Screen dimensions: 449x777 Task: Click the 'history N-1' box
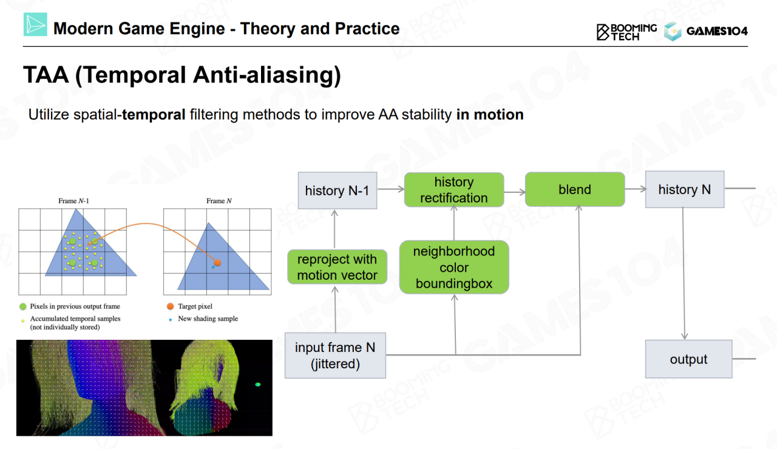(337, 191)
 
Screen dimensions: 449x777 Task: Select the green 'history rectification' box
(454, 190)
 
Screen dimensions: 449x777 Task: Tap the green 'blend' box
(574, 189)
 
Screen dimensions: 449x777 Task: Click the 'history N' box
(684, 189)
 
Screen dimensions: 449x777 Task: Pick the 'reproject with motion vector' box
(337, 267)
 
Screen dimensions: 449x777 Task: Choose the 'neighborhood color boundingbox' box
(454, 268)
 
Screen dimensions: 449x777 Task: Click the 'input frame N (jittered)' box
(335, 356)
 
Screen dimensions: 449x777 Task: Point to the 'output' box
(688, 359)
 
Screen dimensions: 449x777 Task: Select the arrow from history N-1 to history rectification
(390, 189)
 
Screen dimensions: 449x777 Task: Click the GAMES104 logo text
(717, 31)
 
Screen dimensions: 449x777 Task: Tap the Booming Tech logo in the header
(626, 32)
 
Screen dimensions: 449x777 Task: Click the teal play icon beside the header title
(35, 24)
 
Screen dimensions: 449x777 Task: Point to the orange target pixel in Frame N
(217, 263)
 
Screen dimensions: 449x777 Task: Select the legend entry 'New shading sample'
(208, 319)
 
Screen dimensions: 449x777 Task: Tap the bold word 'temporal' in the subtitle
(154, 115)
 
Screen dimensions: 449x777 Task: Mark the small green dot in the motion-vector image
(258, 384)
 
